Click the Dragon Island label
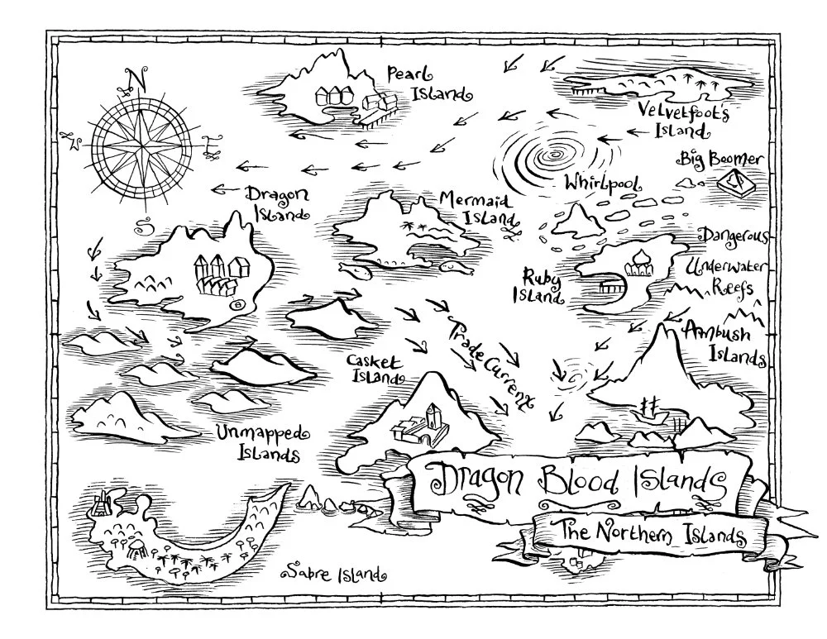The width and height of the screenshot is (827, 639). pos(277,203)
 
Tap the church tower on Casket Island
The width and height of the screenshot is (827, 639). pos(432,416)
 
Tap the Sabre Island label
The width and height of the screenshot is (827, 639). pos(334,571)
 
